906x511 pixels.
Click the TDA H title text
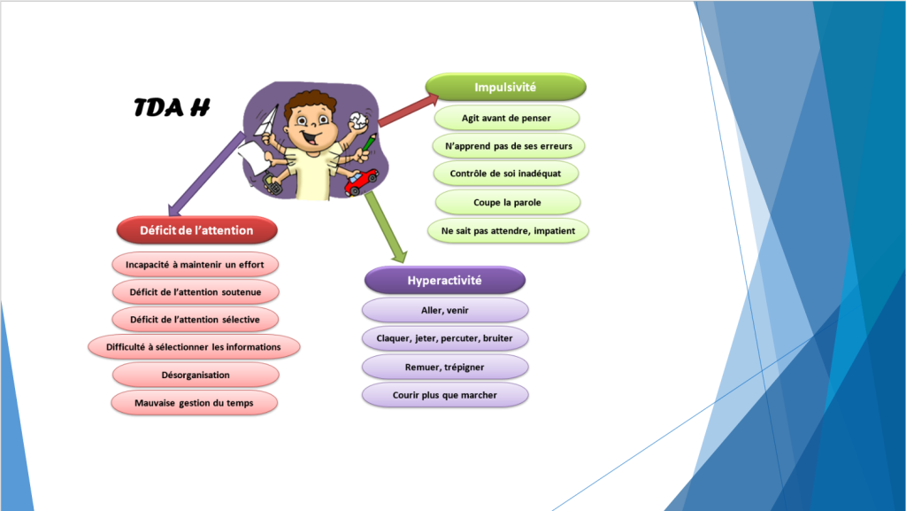click(172, 107)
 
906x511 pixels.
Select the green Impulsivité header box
click(505, 88)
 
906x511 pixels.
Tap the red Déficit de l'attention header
click(196, 230)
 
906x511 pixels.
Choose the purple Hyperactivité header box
click(445, 281)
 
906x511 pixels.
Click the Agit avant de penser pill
click(506, 118)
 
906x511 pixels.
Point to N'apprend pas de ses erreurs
click(509, 145)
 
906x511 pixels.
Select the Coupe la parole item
click(507, 202)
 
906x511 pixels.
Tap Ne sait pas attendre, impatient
click(508, 230)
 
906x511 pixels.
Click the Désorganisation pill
click(196, 375)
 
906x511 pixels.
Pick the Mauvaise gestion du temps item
click(194, 403)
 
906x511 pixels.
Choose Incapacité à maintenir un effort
click(195, 265)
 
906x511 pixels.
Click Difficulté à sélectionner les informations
click(194, 347)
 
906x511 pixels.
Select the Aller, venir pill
click(445, 311)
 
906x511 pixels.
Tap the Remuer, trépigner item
click(445, 367)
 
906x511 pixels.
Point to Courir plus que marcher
click(445, 395)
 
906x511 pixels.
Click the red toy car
click(361, 182)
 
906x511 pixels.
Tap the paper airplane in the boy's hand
click(269, 124)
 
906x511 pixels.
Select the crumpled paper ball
click(357, 121)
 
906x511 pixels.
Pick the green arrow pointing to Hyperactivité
click(386, 227)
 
